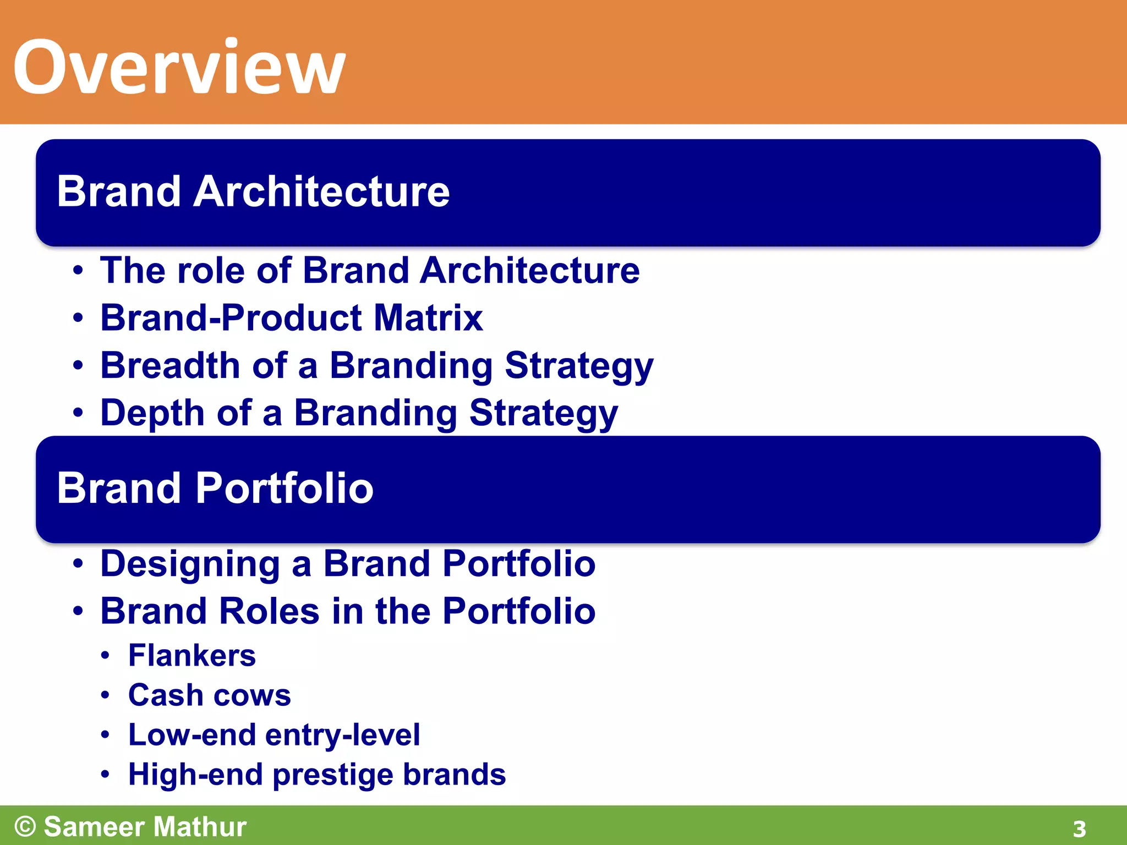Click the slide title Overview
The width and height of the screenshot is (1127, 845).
coord(179,67)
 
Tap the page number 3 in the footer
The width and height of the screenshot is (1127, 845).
coord(1079,828)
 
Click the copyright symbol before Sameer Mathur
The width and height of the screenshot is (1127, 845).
coord(25,826)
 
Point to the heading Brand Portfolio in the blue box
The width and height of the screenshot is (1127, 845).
coord(215,488)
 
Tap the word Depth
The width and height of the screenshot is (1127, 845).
coord(152,413)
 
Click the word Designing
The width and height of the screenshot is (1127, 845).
coord(190,564)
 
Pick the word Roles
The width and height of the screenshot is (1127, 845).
coord(269,611)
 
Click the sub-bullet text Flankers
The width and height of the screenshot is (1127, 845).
coord(192,655)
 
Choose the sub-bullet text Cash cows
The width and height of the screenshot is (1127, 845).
coord(209,695)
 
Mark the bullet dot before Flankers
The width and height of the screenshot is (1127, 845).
coord(105,656)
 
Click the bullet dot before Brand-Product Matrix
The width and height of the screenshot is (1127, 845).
coord(78,319)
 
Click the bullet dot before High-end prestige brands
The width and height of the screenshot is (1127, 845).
coord(105,775)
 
